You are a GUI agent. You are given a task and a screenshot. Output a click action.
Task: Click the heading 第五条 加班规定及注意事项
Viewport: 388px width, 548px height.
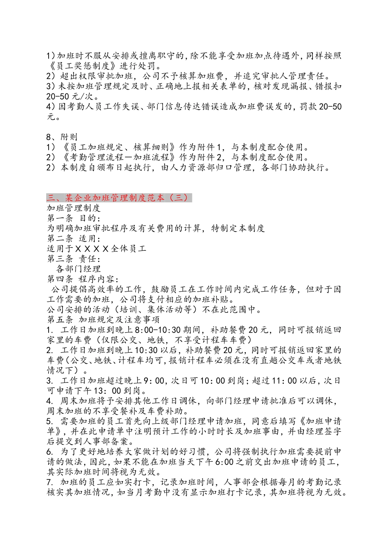click(103, 320)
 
